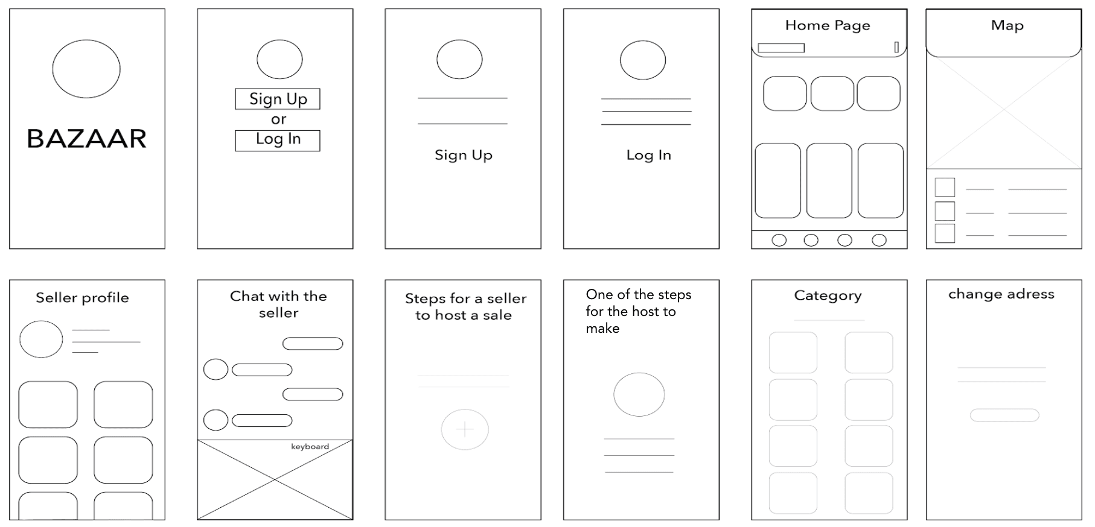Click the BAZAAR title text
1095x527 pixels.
[87, 139]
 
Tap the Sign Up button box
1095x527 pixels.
[278, 99]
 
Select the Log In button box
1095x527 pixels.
[278, 140]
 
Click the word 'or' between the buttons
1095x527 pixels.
[278, 119]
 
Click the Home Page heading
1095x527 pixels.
[828, 25]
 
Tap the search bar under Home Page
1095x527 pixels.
[781, 48]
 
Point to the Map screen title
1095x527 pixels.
[1007, 25]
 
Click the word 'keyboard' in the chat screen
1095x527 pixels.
[310, 447]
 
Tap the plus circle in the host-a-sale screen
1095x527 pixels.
[464, 429]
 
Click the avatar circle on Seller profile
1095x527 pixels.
[41, 339]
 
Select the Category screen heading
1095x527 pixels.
[828, 296]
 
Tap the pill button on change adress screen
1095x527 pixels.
[1004, 415]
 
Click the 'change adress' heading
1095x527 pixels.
[1001, 294]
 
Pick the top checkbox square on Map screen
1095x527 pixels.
[945, 187]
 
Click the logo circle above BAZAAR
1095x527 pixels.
[86, 69]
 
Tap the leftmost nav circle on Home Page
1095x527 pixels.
[779, 240]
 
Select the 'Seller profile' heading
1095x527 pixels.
[82, 298]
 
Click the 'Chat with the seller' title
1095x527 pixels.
[278, 305]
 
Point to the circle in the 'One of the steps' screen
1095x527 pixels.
[639, 394]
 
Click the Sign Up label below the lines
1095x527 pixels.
[464, 156]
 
